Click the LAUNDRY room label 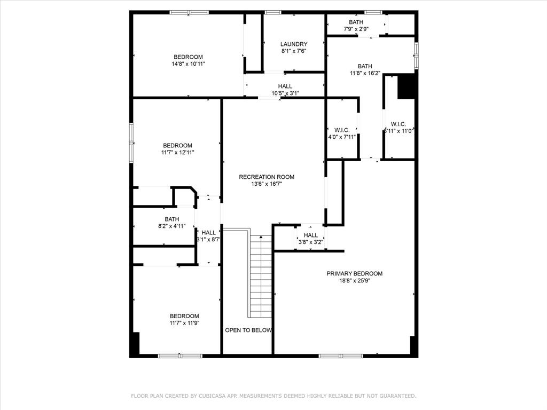(294, 44)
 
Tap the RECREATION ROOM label (266, 177)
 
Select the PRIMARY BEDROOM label (354, 273)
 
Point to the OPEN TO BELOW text (248, 330)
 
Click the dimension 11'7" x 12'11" (177, 152)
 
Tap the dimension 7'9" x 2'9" (356, 29)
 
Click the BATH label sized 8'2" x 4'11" (171, 219)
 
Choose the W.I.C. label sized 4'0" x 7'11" (342, 130)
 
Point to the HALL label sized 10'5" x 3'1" (285, 86)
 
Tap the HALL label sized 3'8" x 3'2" (310, 235)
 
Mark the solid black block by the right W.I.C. (407, 86)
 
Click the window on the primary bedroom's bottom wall (341, 356)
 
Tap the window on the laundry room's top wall (273, 12)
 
